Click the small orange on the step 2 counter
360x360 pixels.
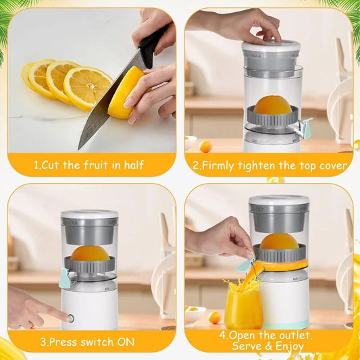(x=205, y=146)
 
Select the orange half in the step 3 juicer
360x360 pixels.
(x=90, y=253)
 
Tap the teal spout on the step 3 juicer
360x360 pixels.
(x=64, y=278)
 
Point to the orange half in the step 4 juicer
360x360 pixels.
(x=279, y=241)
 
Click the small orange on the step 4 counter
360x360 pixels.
(x=214, y=317)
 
